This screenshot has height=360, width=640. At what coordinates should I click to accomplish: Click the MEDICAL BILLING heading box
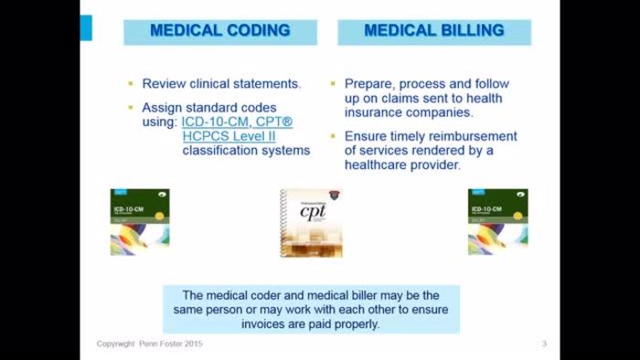434,31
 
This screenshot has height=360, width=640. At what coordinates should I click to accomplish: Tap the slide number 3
544,344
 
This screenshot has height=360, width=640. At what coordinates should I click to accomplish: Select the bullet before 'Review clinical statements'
131,83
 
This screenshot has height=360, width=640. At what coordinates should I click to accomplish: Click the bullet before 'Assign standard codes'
131,106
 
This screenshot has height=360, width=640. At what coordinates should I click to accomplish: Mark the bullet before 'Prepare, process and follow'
336,83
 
